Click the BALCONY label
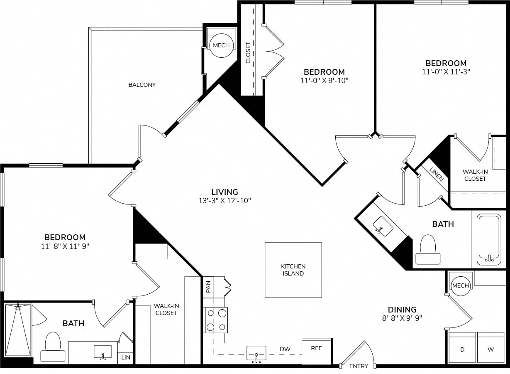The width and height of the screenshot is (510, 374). tap(142, 85)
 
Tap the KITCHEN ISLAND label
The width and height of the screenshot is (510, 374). tap(293, 270)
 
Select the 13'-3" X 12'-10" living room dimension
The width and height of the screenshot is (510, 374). tap(225, 201)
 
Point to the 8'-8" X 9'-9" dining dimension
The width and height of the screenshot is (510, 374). tap(402, 318)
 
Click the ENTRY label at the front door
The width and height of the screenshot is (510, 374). tap(359, 366)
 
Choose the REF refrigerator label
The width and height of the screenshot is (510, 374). tap(317, 348)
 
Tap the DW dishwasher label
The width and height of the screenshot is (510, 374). tap(285, 349)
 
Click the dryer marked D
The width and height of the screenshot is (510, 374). tap(462, 349)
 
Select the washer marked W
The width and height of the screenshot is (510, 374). tap(490, 349)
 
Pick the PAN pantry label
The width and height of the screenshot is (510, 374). tap(208, 287)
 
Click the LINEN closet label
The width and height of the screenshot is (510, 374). tap(437, 175)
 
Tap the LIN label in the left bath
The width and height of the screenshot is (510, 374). tap(126, 357)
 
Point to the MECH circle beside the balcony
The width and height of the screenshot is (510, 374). tap(221, 45)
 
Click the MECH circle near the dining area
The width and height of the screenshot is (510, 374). tap(461, 285)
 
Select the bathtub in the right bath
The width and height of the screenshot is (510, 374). tap(489, 239)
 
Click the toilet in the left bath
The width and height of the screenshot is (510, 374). tap(53, 347)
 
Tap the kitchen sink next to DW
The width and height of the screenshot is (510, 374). tap(256, 354)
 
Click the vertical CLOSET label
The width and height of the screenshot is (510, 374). tap(248, 52)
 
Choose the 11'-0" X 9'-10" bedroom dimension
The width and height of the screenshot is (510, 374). tap(324, 81)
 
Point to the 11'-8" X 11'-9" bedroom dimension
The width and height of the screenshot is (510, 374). tap(65, 246)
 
